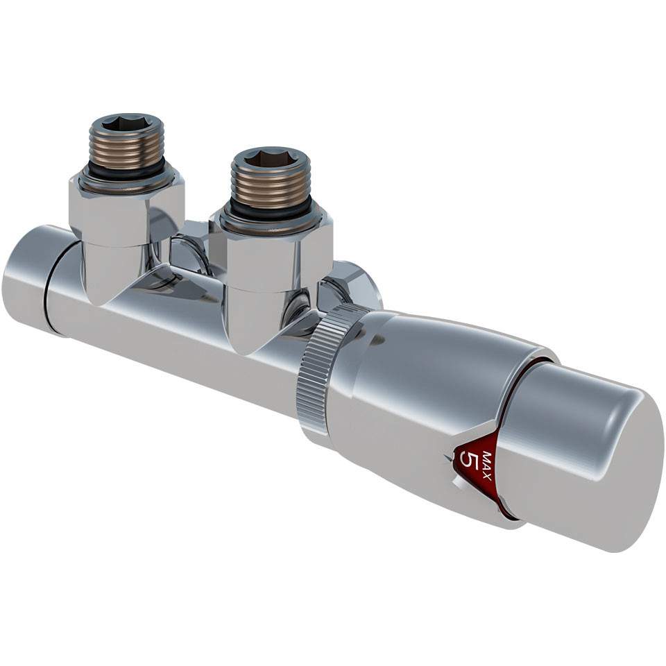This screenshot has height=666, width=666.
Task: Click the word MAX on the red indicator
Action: pyautogui.click(x=487, y=466)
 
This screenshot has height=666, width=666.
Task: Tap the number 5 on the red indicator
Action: pyautogui.click(x=470, y=463)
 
